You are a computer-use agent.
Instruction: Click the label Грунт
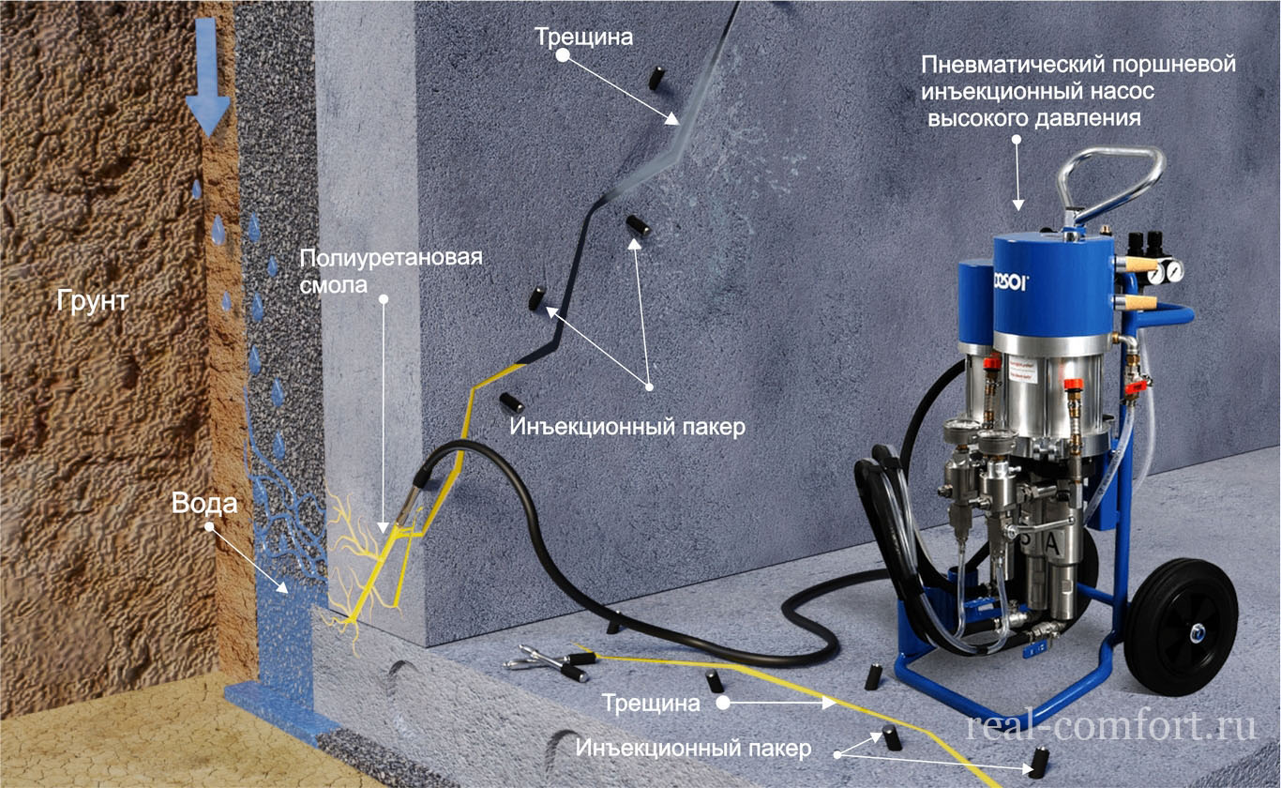tap(93, 300)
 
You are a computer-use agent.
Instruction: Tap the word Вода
tap(204, 504)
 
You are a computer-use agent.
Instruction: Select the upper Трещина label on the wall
tap(584, 38)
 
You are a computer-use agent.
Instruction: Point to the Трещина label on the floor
tap(652, 703)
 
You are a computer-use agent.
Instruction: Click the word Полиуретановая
tap(391, 258)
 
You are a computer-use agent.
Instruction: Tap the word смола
tap(334, 285)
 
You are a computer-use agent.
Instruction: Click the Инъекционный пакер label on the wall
tap(627, 427)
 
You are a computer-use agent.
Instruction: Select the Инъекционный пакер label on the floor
tap(693, 748)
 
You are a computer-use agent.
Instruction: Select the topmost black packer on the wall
tap(656, 79)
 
